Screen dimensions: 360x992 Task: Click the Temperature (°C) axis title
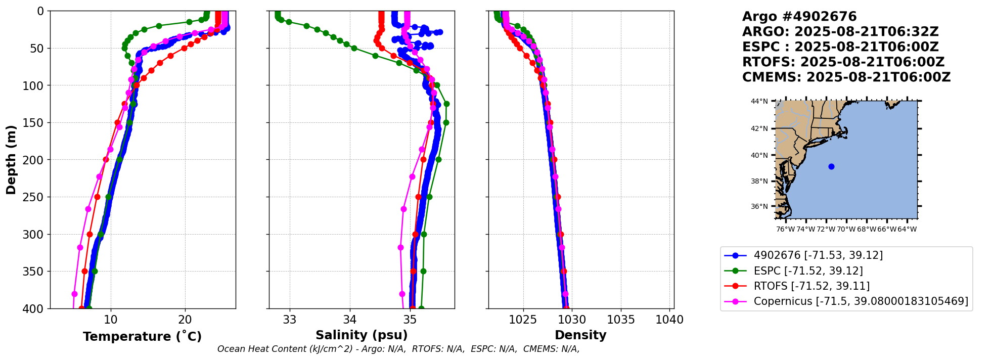click(x=142, y=336)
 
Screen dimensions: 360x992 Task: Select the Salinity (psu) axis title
click(x=362, y=335)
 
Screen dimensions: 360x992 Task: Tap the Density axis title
click(x=580, y=335)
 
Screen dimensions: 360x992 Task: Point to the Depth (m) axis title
click(x=11, y=159)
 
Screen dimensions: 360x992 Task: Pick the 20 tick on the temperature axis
click(x=185, y=320)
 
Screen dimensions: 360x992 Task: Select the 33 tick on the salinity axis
click(x=290, y=320)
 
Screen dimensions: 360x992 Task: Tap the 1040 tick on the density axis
click(x=669, y=320)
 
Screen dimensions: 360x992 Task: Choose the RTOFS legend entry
click(x=811, y=286)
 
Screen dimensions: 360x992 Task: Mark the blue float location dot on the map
click(x=831, y=166)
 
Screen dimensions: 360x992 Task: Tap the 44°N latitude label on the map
click(x=759, y=101)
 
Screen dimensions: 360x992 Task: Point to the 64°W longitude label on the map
click(x=907, y=229)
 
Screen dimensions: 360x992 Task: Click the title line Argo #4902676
click(x=799, y=17)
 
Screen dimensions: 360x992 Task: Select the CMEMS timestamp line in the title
click(x=846, y=77)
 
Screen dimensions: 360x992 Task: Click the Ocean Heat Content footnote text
click(x=398, y=349)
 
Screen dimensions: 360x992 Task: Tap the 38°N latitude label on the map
click(x=759, y=181)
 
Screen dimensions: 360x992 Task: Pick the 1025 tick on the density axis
click(x=523, y=320)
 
